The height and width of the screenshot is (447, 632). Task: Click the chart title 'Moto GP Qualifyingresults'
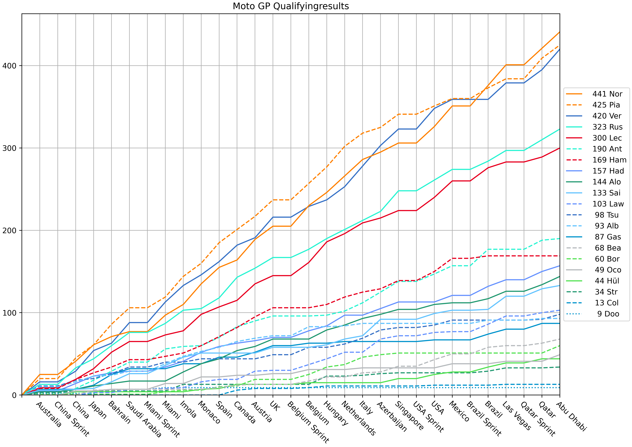click(291, 6)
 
